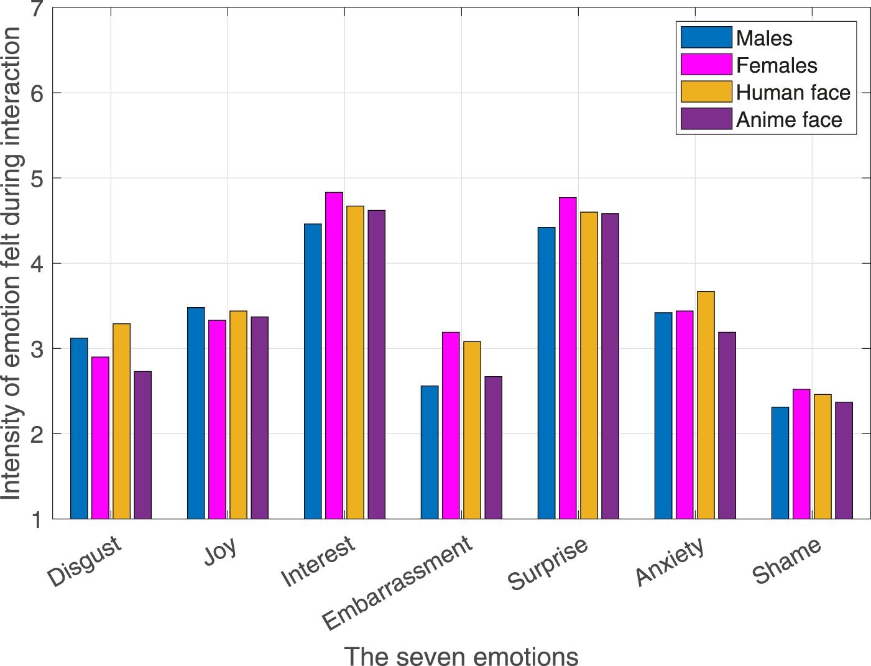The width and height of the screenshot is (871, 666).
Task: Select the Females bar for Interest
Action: (x=334, y=355)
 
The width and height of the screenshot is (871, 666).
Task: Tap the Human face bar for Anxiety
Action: (x=706, y=404)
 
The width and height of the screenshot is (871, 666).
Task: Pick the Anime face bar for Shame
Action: (x=844, y=460)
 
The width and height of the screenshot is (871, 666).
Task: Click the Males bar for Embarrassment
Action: (x=430, y=452)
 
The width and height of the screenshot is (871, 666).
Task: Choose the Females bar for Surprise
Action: (x=568, y=358)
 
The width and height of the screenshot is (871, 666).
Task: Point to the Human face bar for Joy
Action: (x=238, y=414)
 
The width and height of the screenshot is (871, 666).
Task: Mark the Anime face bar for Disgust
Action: (x=142, y=445)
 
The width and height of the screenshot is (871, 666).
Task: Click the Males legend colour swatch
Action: (x=706, y=38)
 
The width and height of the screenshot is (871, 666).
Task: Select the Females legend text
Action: (x=777, y=65)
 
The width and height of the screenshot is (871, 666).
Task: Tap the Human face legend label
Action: (x=793, y=93)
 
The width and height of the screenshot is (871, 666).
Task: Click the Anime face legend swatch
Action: (x=706, y=119)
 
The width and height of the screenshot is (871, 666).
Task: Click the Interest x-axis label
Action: (x=318, y=561)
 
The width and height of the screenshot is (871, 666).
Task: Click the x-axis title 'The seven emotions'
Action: (x=461, y=655)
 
